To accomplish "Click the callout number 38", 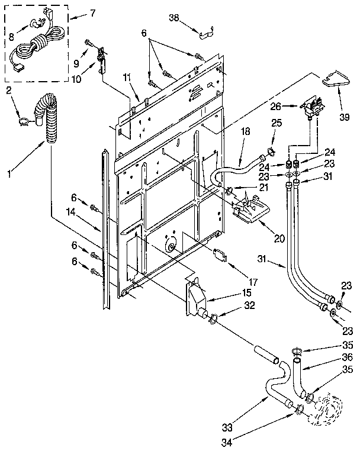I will pyautogui.click(x=174, y=18).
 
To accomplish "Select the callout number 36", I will pyautogui.click(x=348, y=358).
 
